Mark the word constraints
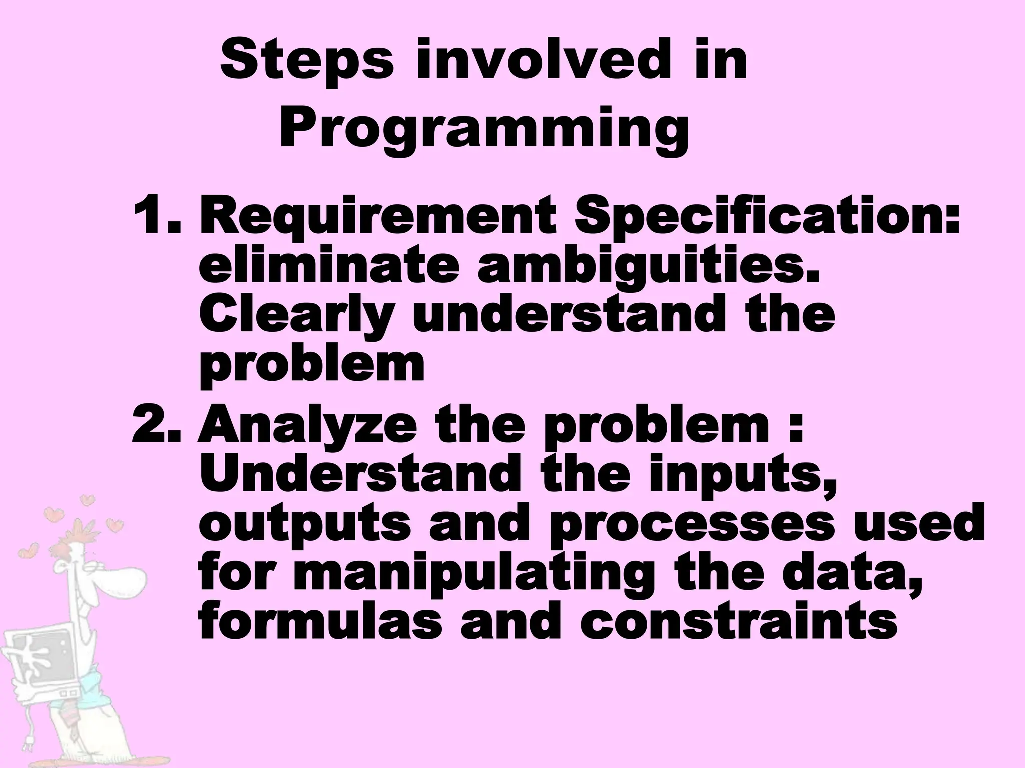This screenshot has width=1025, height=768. pyautogui.click(x=738, y=623)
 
